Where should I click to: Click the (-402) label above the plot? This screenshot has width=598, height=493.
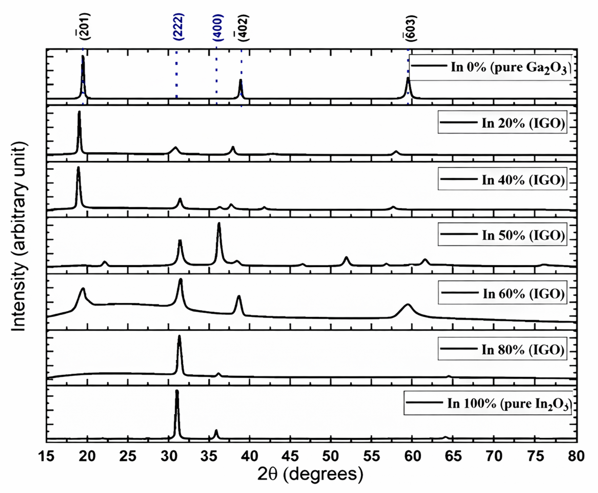click(x=243, y=28)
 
